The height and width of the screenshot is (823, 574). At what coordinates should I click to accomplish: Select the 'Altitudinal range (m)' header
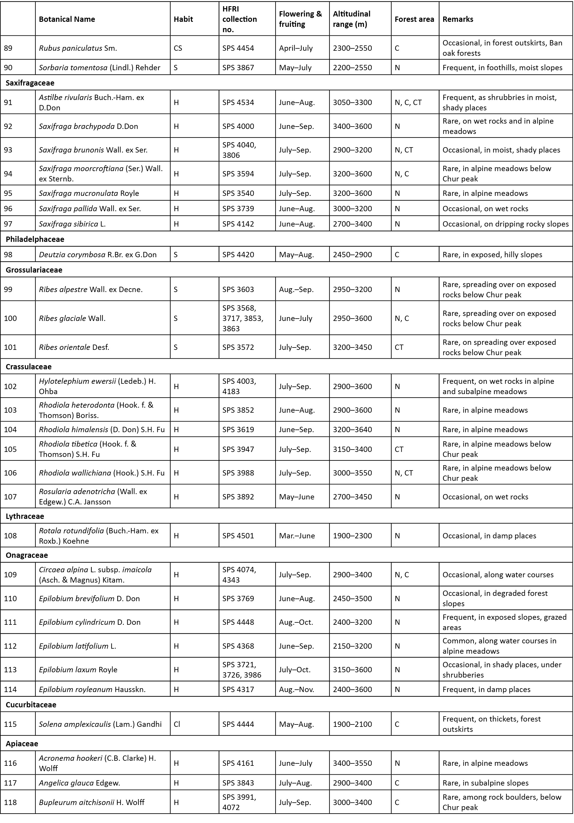pyautogui.click(x=352, y=19)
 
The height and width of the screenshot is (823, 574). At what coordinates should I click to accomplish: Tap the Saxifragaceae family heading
pyautogui.click(x=30, y=83)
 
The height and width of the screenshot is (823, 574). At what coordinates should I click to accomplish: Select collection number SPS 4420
pyautogui.click(x=238, y=255)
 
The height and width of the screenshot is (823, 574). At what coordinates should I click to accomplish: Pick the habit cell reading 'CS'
pyautogui.click(x=178, y=48)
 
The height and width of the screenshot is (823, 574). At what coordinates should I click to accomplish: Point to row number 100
pyautogui.click(x=10, y=318)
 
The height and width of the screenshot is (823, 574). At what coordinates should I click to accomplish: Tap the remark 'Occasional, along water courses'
pyautogui.click(x=498, y=575)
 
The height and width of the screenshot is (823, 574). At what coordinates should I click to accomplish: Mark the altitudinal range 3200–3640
pyautogui.click(x=352, y=430)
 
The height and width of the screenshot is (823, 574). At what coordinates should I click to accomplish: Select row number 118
pyautogui.click(x=10, y=803)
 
